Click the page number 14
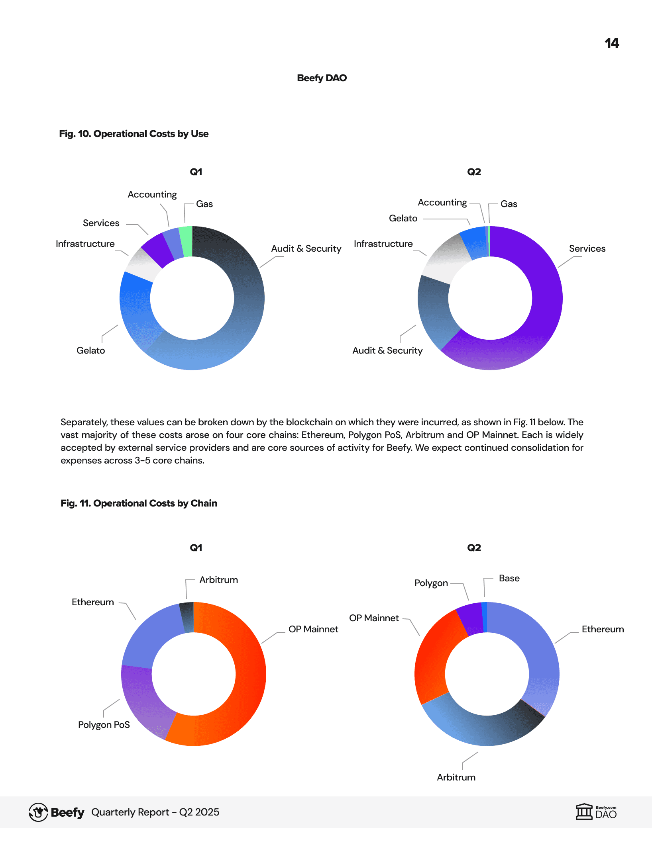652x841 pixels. pos(612,43)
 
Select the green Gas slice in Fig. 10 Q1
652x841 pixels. pos(186,241)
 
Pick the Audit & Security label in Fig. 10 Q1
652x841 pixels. pos(306,248)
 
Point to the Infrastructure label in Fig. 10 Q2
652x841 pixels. pos(383,244)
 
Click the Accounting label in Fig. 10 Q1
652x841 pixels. pos(152,194)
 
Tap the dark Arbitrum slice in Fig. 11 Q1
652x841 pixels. pos(187,618)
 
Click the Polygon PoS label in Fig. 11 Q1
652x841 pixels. pos(104,725)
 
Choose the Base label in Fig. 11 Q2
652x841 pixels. pos(509,578)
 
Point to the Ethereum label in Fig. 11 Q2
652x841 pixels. pos(603,629)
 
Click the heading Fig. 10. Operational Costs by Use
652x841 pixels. pos(134,134)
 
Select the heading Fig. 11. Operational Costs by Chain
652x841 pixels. pos(139,503)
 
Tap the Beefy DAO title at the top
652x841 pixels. pos(322,78)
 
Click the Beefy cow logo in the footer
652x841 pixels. pos(38,812)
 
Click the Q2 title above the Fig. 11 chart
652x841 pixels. pos(474,548)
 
